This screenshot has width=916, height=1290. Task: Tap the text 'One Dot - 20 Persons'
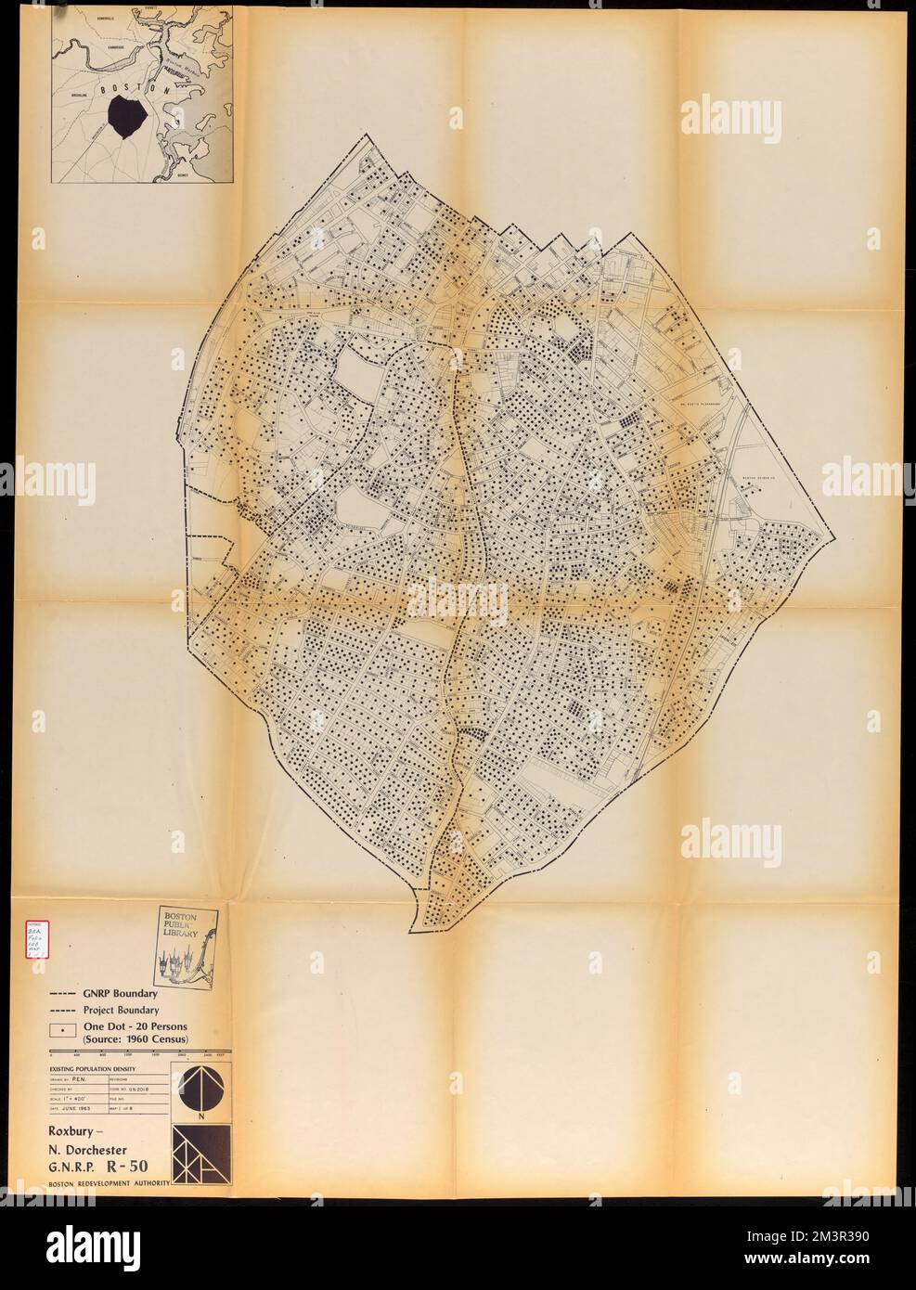135,1026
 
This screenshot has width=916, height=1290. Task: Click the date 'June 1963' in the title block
86,1116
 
